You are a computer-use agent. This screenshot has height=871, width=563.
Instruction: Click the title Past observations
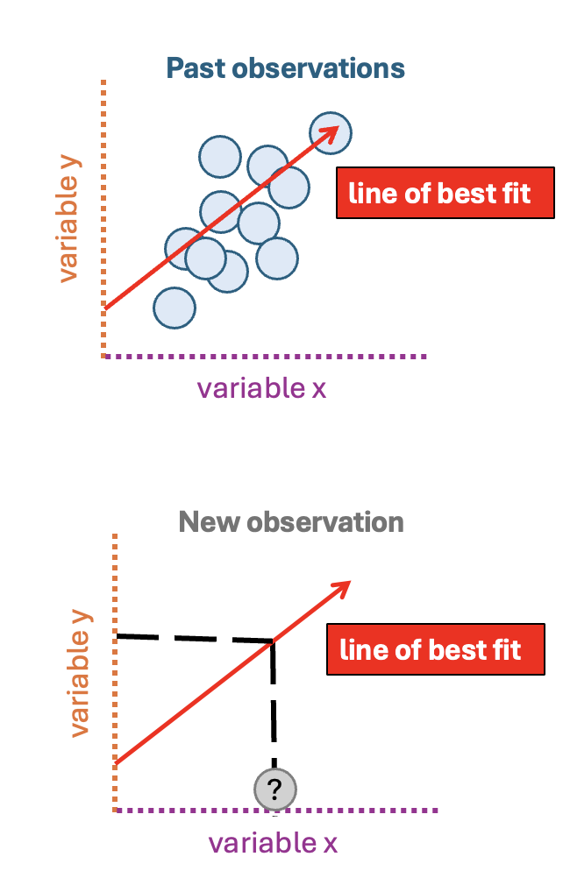(286, 69)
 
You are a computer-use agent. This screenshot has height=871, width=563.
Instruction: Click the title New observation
(291, 522)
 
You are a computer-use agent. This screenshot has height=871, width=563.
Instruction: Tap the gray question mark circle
(275, 790)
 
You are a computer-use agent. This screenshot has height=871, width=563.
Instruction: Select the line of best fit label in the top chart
(445, 193)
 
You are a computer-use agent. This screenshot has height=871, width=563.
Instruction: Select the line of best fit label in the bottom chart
(436, 649)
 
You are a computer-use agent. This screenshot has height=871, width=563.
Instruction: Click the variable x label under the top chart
(261, 387)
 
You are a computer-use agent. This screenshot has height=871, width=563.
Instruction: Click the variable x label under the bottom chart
(273, 843)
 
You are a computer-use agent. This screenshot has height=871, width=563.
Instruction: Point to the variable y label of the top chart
(69, 218)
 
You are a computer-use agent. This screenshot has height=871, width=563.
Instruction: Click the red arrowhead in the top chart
(330, 134)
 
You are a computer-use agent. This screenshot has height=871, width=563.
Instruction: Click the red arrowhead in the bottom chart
(341, 588)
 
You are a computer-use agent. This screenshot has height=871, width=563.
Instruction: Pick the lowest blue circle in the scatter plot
(175, 308)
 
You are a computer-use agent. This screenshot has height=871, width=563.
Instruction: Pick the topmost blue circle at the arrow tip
(331, 133)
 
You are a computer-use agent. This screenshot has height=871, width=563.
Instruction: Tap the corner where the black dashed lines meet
(273, 641)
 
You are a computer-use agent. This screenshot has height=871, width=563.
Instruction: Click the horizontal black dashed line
(194, 638)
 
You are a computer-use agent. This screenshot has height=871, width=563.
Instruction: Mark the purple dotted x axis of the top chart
(265, 357)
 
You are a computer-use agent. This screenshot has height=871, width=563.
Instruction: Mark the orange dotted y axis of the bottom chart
(115, 673)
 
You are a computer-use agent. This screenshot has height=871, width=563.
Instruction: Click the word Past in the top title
(196, 69)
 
